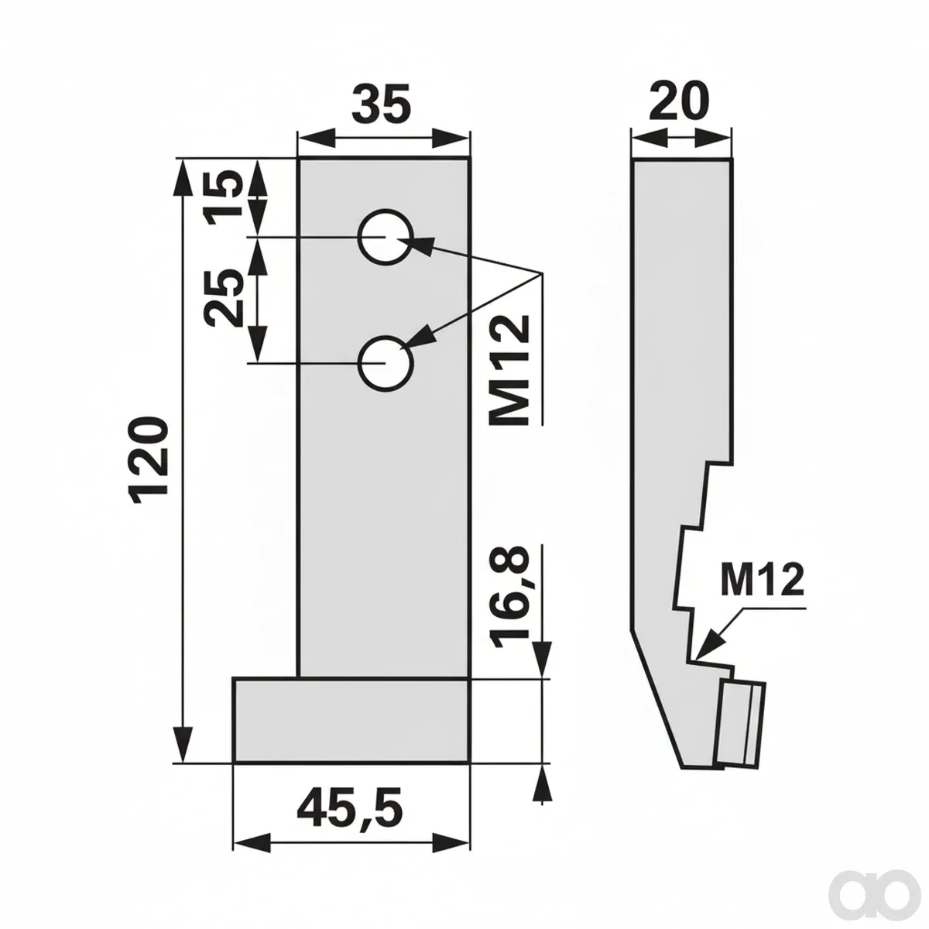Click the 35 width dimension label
[381, 105]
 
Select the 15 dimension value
[223, 197]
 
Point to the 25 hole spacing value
[223, 298]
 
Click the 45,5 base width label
[349, 807]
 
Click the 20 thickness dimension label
[679, 101]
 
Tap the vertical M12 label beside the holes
[509, 370]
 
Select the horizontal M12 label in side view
[763, 580]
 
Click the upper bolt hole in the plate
[386, 237]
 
